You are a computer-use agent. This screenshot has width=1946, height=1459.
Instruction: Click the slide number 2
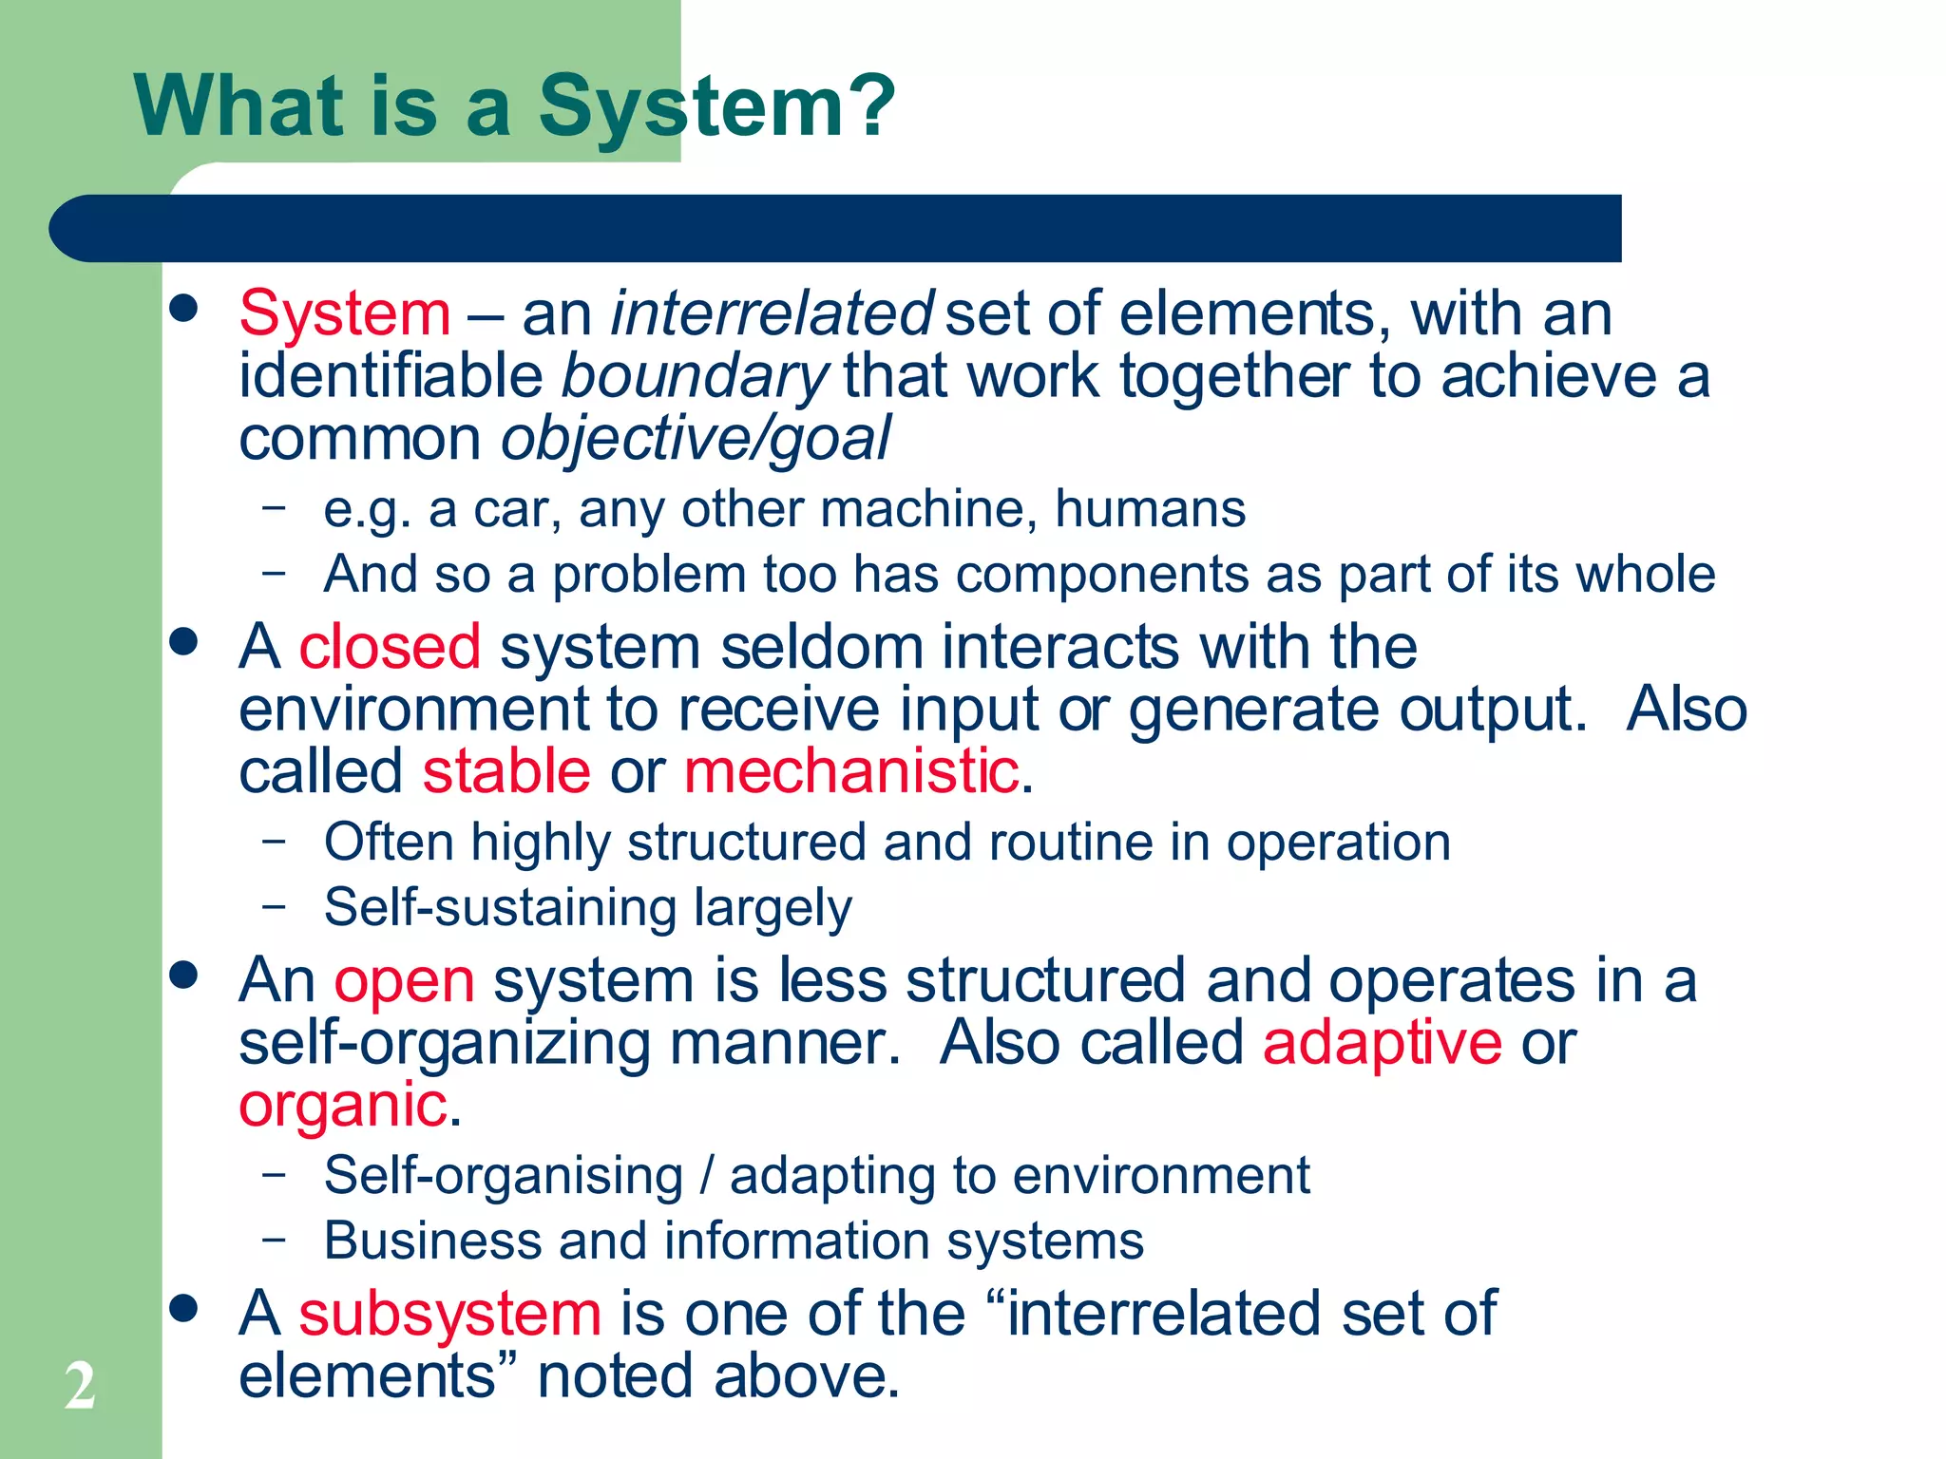coord(81,1386)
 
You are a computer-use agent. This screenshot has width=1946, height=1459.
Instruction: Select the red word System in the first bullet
coord(345,313)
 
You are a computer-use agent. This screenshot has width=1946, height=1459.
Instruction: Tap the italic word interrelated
coord(772,313)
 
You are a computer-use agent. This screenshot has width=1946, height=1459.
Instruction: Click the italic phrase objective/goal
coord(696,439)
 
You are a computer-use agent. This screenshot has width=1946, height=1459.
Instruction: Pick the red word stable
coord(506,770)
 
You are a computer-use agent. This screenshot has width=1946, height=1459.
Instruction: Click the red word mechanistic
coord(851,770)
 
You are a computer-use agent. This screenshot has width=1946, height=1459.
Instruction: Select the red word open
coord(404,980)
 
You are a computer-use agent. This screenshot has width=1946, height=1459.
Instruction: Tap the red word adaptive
coord(1382,1043)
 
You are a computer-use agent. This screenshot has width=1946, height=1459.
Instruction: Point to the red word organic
coord(343,1106)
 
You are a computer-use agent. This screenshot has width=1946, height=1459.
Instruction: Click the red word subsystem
coord(449,1314)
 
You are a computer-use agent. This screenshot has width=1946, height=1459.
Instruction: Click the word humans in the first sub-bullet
coord(1150,509)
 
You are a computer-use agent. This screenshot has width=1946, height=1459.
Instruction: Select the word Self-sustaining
coord(500,907)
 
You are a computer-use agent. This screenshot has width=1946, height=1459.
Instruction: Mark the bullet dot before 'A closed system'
coord(183,641)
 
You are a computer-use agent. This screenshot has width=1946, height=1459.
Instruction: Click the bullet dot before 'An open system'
coord(183,975)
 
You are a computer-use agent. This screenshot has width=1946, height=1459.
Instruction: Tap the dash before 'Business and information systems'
coord(274,1240)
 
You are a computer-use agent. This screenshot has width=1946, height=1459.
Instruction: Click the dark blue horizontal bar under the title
coord(836,228)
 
